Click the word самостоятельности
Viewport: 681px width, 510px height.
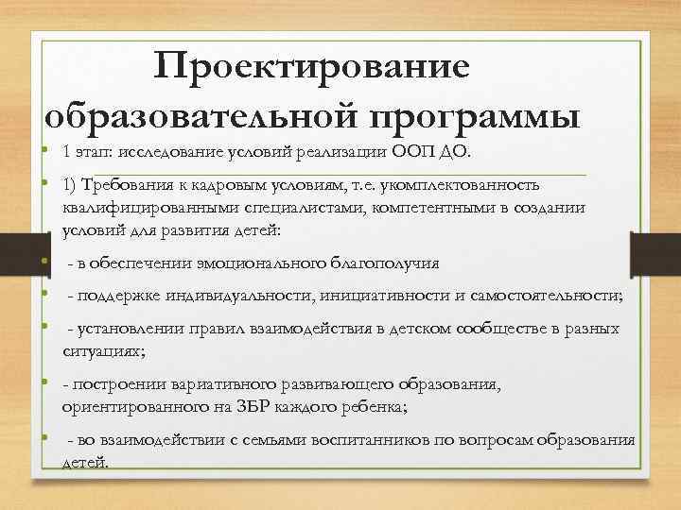pyautogui.click(x=546, y=296)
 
